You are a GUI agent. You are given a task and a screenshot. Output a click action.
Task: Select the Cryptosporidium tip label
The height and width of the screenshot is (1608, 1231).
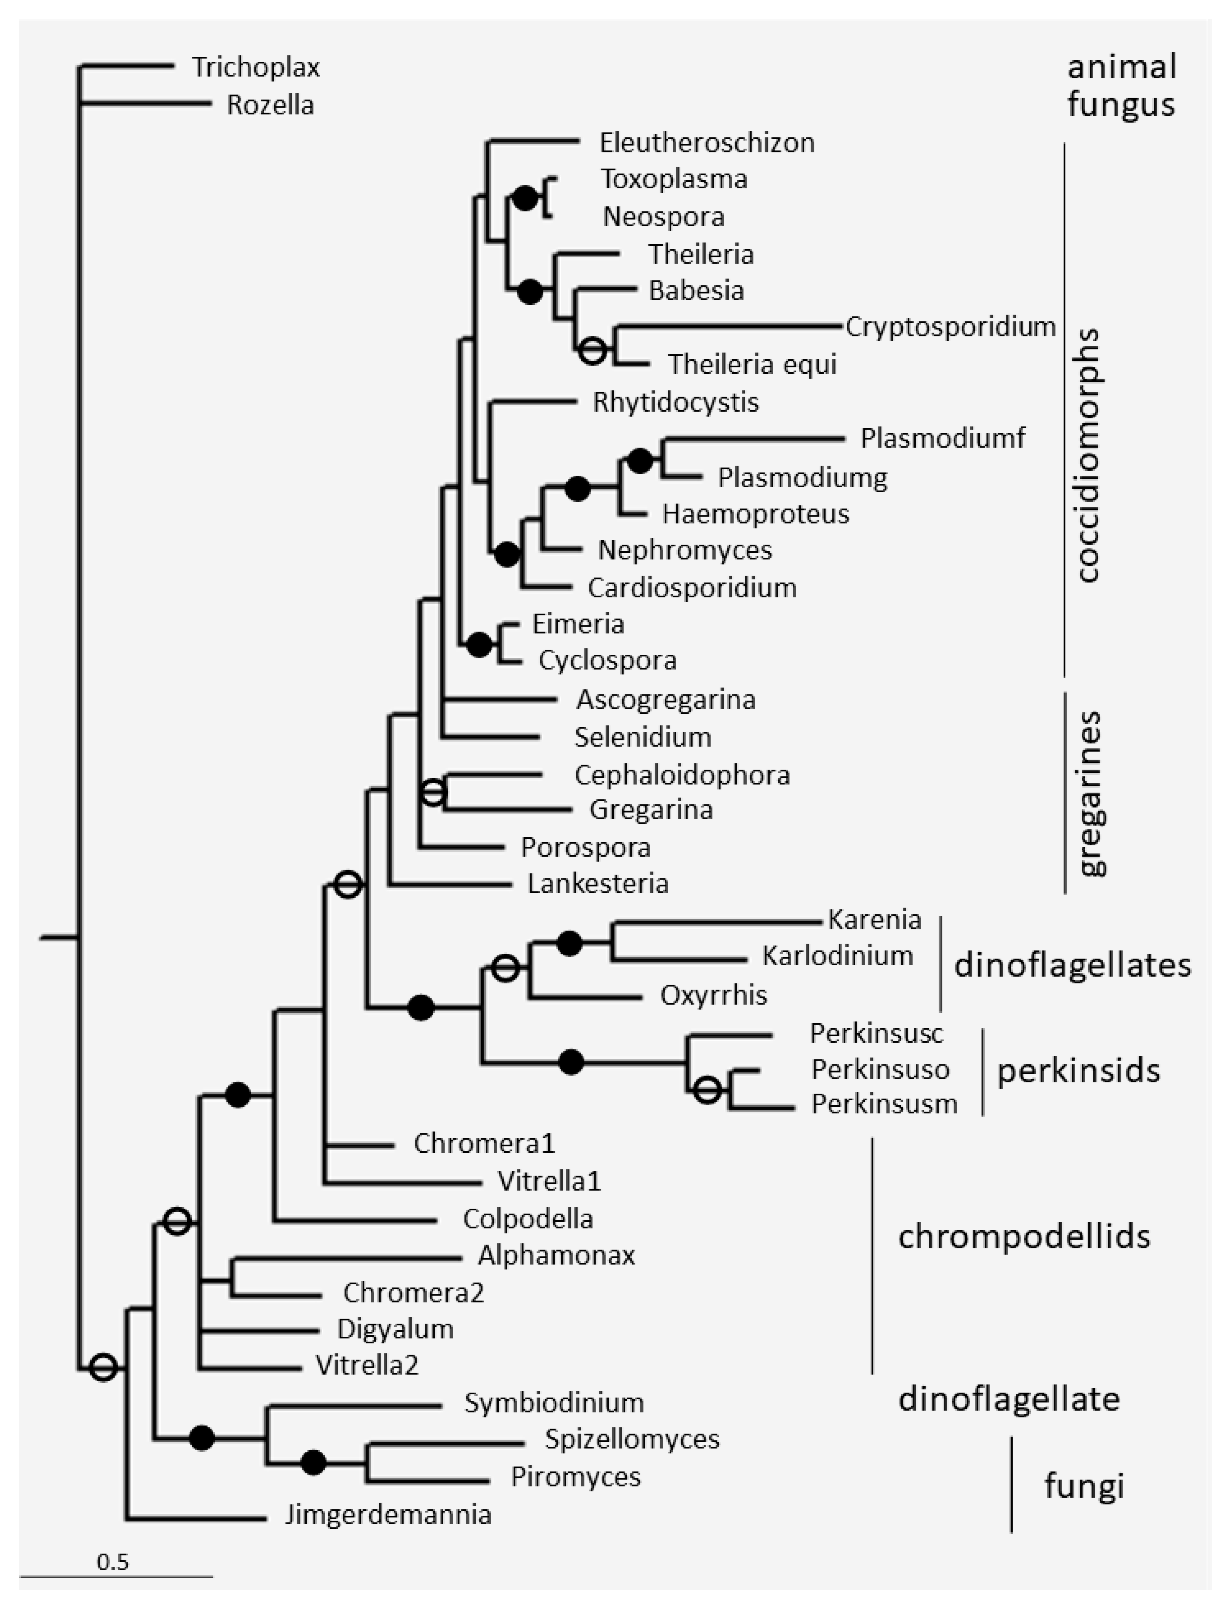(951, 327)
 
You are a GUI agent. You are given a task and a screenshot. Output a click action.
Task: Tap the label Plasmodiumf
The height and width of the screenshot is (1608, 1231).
(942, 438)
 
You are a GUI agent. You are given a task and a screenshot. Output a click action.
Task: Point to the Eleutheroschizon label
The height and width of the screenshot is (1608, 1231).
(706, 142)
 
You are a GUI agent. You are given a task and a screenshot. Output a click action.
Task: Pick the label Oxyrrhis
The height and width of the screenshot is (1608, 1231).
(713, 995)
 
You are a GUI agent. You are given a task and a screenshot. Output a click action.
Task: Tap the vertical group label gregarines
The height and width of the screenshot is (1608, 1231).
(1089, 793)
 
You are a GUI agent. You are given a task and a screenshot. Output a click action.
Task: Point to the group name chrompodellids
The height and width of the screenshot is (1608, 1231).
(1023, 1236)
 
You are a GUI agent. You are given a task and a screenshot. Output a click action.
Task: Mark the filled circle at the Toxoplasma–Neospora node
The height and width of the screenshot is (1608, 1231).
(525, 198)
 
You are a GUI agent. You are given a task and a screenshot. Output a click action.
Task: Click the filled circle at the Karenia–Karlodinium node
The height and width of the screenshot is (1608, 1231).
(569, 944)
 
